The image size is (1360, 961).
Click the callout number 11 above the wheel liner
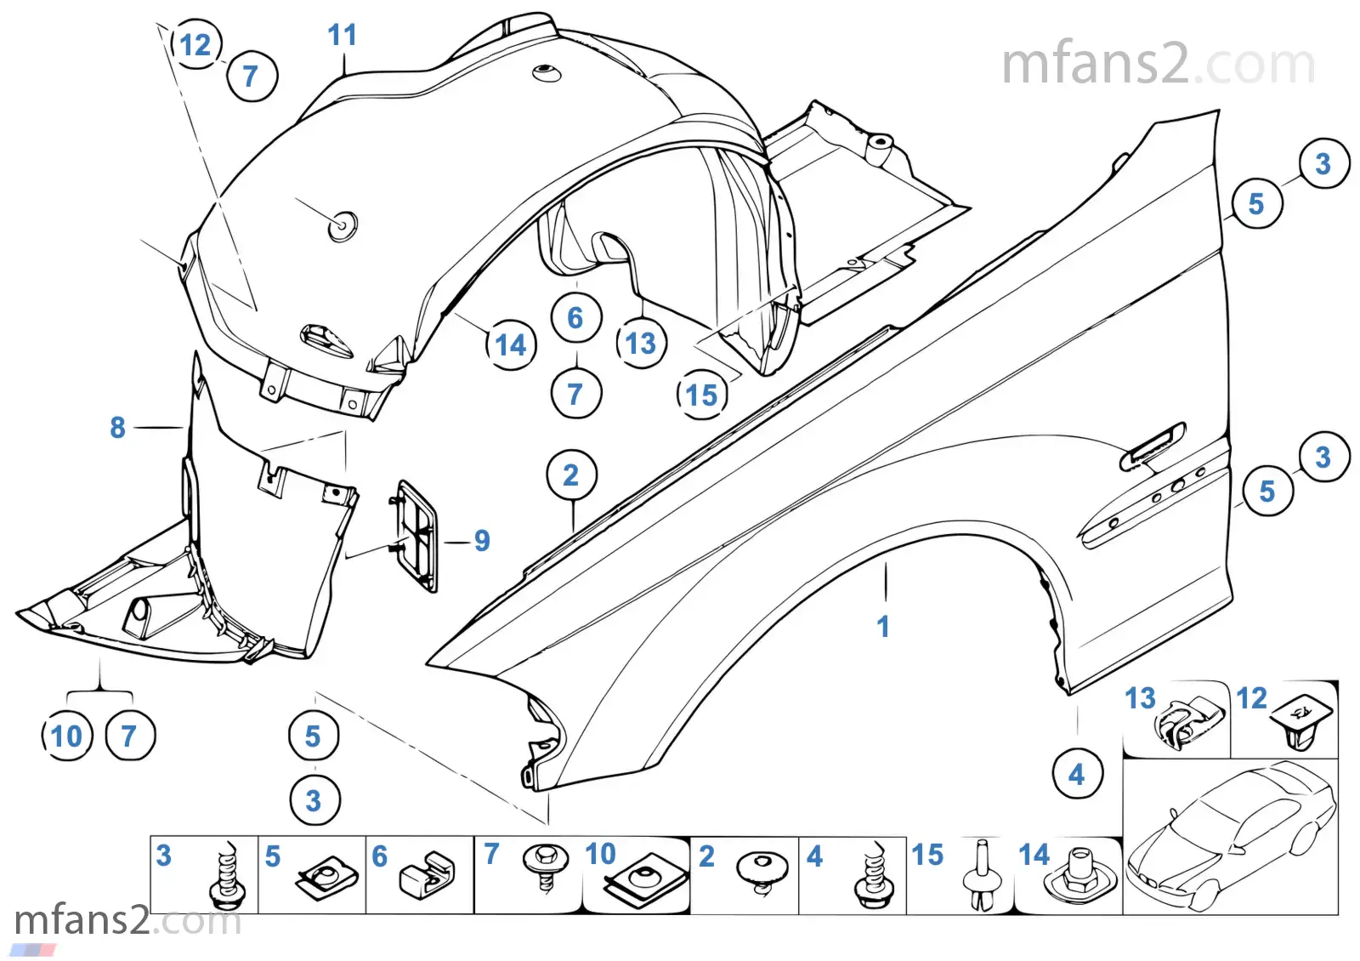(342, 36)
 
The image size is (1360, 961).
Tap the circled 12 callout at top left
(195, 45)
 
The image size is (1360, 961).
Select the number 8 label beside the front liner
(117, 428)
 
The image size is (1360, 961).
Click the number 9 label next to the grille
(482, 541)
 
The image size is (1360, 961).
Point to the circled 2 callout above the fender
(571, 475)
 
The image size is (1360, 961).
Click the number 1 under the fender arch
(883, 627)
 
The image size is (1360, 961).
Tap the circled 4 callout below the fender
(1077, 775)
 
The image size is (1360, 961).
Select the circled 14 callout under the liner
(511, 345)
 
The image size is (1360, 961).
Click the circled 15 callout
(702, 395)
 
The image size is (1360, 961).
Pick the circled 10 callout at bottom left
(67, 736)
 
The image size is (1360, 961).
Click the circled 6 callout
(575, 318)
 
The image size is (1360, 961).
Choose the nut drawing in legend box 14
(1081, 876)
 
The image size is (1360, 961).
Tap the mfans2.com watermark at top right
(1158, 65)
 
